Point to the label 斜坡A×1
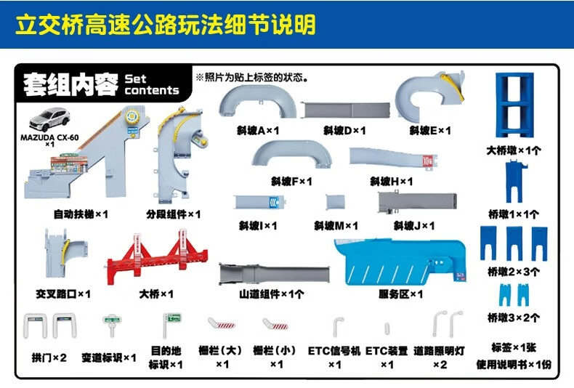click(258, 131)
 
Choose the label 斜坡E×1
click(430, 131)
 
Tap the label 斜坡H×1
click(391, 181)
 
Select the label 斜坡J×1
click(414, 226)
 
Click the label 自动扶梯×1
click(81, 214)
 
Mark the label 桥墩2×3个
click(514, 272)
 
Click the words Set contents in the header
click(151, 85)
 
